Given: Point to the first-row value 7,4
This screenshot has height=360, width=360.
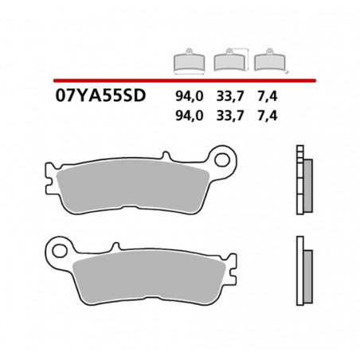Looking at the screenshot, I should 267,99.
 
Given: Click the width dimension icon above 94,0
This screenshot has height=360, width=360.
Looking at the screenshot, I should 189,61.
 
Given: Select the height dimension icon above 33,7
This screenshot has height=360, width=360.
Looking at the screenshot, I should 229,61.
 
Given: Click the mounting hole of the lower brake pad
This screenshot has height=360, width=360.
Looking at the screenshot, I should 57,247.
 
